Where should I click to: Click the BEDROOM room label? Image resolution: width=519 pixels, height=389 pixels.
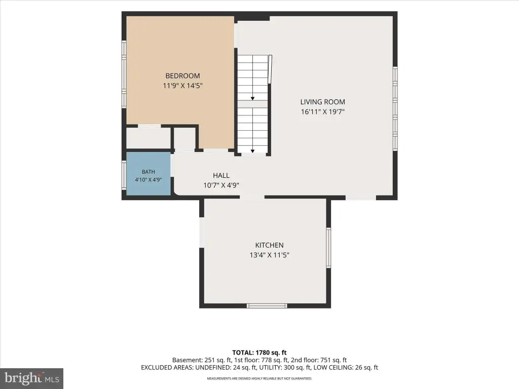click(182, 76)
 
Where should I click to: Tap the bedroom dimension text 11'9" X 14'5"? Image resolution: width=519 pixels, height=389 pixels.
click(182, 86)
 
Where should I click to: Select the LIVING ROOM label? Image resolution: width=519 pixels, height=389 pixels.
click(323, 102)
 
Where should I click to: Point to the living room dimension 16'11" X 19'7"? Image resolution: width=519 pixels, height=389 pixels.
click(323, 112)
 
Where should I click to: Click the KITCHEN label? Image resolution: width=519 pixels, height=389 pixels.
click(270, 245)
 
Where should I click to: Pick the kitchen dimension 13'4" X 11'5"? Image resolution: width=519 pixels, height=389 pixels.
click(270, 255)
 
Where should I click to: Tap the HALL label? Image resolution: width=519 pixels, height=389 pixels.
click(221, 175)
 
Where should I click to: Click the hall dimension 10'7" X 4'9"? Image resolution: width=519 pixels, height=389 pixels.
click(221, 185)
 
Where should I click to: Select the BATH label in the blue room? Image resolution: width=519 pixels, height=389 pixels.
click(149, 172)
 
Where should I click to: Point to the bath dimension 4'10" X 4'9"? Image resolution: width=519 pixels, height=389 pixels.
click(149, 180)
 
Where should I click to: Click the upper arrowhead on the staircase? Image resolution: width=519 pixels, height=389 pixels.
click(252, 99)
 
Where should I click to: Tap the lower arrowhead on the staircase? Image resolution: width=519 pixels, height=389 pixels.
click(252, 151)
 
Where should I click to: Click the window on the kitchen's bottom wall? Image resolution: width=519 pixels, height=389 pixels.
click(267, 305)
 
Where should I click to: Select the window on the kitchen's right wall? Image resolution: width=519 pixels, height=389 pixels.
click(328, 247)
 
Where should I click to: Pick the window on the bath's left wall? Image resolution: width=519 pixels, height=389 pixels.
click(124, 175)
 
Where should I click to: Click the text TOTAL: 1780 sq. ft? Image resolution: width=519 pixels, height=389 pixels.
click(259, 353)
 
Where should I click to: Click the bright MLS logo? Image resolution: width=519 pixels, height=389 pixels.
click(32, 378)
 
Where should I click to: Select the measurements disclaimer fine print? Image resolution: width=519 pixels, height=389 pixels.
click(259, 378)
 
